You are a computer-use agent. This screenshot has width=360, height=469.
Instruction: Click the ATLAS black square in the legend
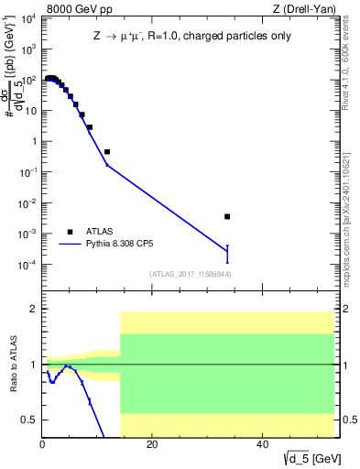click(x=70, y=232)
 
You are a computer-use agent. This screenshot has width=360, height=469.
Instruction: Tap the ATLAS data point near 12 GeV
click(x=107, y=151)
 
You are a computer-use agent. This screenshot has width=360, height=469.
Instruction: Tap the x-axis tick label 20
click(x=152, y=445)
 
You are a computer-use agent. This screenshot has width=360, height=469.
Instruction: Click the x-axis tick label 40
click(x=262, y=445)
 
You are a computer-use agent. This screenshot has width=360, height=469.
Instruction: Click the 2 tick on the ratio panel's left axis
click(x=35, y=309)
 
